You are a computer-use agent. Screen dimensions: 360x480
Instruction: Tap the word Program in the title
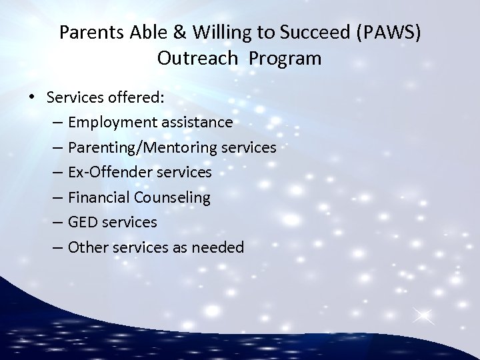click(286, 59)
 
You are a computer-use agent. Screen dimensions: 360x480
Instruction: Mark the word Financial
click(99, 197)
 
